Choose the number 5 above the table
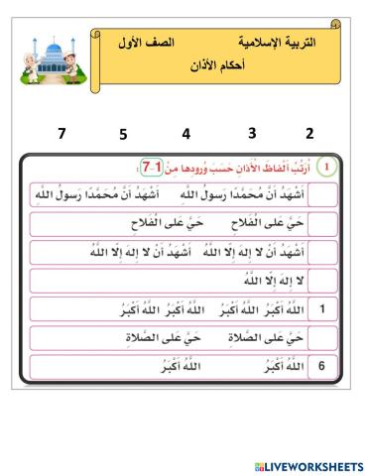coord(123,133)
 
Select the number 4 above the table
coord(185,133)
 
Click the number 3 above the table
coord(252,133)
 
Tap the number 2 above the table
coord(309,133)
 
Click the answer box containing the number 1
coord(321,309)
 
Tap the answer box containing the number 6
coord(321,367)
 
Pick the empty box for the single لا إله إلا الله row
coord(321,281)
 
